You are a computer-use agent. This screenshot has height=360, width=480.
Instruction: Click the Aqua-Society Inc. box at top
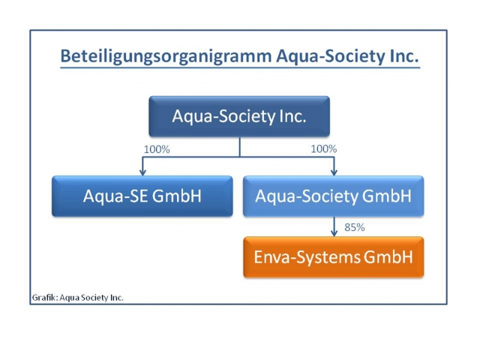click(239, 116)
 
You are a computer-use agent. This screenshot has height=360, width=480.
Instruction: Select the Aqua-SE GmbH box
click(142, 196)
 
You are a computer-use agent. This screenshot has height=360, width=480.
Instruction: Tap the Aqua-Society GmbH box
click(333, 196)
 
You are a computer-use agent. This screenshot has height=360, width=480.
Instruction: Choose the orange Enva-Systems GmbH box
click(333, 257)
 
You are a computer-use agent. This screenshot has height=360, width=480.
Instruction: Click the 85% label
click(353, 226)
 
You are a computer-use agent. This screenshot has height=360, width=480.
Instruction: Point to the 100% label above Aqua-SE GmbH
click(157, 149)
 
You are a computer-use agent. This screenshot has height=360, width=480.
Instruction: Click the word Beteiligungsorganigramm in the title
click(154, 56)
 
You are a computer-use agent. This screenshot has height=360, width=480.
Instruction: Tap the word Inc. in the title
click(402, 56)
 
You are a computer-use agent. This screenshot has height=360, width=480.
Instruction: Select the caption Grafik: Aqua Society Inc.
click(78, 297)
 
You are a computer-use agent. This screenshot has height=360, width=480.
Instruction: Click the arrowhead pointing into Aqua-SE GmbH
click(142, 172)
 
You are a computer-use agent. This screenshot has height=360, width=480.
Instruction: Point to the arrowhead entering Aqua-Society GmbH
click(334, 172)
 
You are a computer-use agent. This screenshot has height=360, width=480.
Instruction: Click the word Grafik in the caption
click(44, 297)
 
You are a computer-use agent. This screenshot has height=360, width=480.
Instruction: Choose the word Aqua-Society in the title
click(319, 56)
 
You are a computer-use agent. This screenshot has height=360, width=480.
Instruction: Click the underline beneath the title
click(239, 69)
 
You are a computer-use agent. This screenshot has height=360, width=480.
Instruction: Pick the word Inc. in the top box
click(291, 116)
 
